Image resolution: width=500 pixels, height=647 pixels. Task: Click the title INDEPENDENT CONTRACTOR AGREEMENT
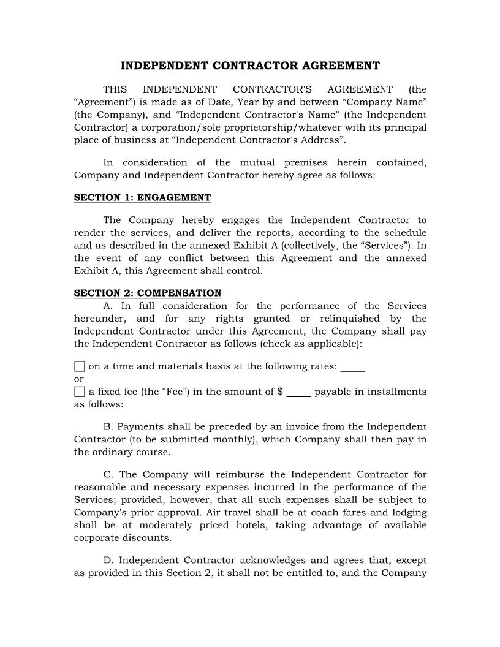pyautogui.click(x=250, y=66)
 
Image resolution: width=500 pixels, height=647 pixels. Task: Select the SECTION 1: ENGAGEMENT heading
pyautogui.click(x=142, y=197)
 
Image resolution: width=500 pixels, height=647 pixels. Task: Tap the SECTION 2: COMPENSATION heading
pyautogui.click(x=148, y=293)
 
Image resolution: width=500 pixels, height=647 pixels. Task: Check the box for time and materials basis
pyautogui.click(x=79, y=367)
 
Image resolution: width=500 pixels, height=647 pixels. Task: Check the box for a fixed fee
pyautogui.click(x=79, y=392)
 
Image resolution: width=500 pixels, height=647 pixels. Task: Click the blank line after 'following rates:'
pyautogui.click(x=352, y=368)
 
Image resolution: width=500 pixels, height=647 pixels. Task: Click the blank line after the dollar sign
pyautogui.click(x=298, y=392)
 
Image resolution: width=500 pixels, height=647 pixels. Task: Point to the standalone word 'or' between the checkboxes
pyautogui.click(x=78, y=379)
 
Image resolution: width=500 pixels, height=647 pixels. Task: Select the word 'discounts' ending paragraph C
pyautogui.click(x=146, y=538)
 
